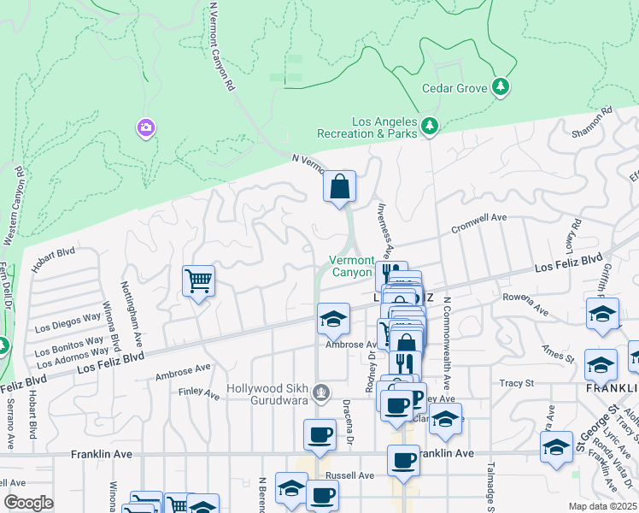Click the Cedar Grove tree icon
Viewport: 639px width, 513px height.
pos(501,87)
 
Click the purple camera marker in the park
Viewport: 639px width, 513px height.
pos(146,128)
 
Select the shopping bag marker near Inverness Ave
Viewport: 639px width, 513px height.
pos(339,186)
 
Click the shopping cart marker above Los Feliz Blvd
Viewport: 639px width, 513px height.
pos(198,280)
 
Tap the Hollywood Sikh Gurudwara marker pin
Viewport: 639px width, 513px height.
pos(321,393)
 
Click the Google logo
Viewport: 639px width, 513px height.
pos(29,502)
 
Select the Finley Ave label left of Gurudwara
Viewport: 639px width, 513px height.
pos(200,393)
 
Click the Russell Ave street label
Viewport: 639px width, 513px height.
pos(349,475)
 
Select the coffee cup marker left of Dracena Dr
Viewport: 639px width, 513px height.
pos(319,435)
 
